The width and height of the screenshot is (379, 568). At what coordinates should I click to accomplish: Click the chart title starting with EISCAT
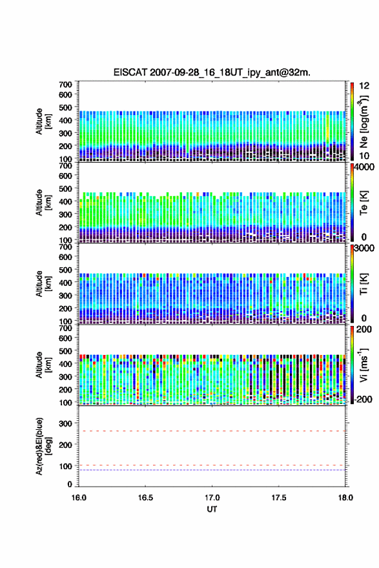click(x=212, y=72)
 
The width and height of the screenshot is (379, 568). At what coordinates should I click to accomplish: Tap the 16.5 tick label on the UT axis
click(x=145, y=498)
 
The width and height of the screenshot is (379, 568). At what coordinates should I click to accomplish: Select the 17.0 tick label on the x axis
click(x=212, y=498)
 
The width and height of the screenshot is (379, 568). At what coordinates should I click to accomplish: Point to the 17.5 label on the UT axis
click(x=279, y=498)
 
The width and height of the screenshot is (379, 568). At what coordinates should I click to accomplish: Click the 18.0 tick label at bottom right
click(x=345, y=498)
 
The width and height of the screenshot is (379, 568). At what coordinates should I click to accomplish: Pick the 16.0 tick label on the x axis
click(x=79, y=498)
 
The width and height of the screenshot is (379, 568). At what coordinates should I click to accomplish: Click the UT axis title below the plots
click(x=212, y=509)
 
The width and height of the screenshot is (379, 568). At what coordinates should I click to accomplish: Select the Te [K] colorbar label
click(x=364, y=203)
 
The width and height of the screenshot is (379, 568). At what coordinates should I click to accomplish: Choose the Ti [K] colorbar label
click(x=364, y=283)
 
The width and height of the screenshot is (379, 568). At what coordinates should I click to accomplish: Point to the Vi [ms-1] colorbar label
click(x=364, y=365)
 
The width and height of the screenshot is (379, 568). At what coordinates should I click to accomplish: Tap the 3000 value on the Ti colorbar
click(x=364, y=248)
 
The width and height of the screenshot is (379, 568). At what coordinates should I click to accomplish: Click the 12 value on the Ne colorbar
click(x=364, y=86)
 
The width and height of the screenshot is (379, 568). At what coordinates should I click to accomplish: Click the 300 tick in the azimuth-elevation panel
click(x=66, y=423)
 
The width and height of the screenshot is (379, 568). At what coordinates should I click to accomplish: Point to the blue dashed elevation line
click(x=212, y=470)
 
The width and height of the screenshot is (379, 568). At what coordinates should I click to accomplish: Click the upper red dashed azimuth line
click(x=212, y=431)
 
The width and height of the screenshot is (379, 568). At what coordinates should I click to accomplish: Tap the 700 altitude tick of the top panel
click(x=66, y=85)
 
